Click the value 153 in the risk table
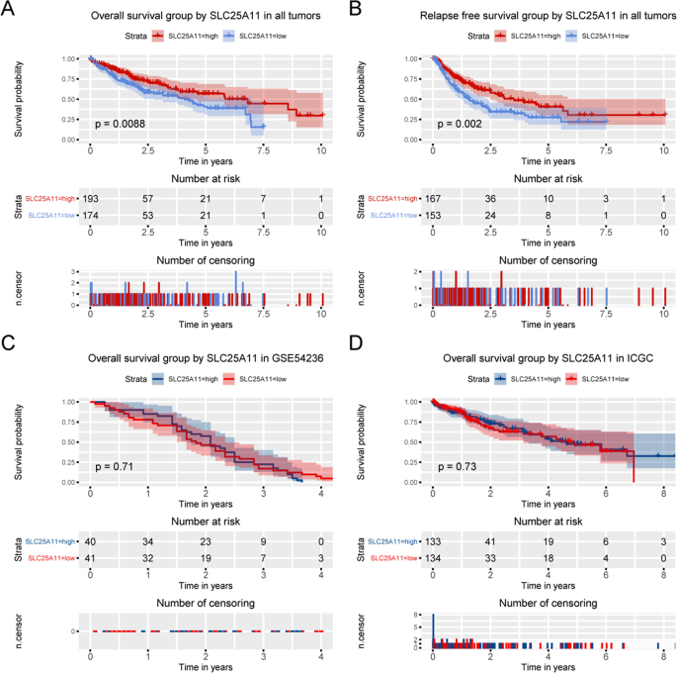[433, 216]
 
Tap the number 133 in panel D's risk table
[433, 543]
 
